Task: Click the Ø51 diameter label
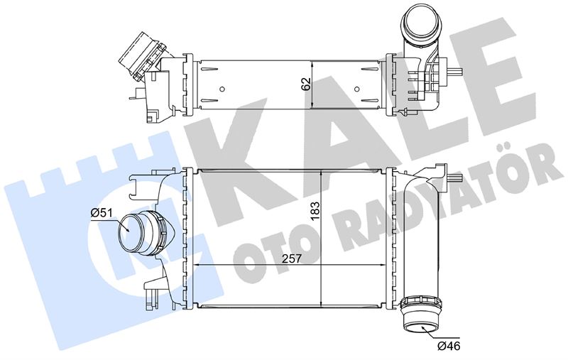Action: (x=100, y=213)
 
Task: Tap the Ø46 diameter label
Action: (x=449, y=346)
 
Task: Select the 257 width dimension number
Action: (x=292, y=258)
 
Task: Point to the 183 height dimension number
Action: (x=315, y=210)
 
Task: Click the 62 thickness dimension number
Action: (x=306, y=84)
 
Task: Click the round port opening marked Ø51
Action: (x=130, y=234)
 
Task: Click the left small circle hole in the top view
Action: (x=222, y=89)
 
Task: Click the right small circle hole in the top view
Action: (x=357, y=89)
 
